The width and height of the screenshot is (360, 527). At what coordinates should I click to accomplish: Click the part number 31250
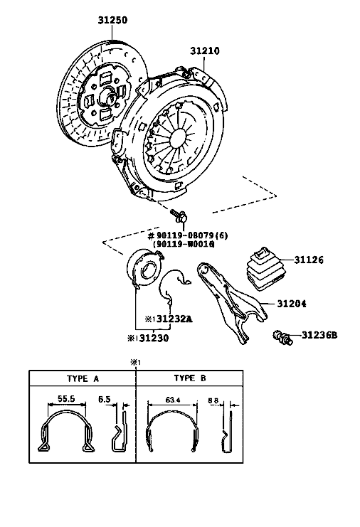pos(112,20)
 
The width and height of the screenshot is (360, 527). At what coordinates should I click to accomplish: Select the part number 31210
pos(205,50)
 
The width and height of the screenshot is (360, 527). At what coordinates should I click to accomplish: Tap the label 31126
pos(309,260)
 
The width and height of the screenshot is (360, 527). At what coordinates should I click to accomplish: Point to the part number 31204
pos(292,304)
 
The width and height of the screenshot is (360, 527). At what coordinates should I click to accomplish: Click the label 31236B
pos(319,335)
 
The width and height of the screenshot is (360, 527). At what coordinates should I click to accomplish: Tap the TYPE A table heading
pos(83,379)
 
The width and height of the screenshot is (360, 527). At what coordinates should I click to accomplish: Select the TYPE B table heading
pos(190,378)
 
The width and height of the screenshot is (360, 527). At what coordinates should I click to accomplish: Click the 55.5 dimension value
pos(66,398)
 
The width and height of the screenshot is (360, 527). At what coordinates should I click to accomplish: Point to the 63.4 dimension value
pos(173,400)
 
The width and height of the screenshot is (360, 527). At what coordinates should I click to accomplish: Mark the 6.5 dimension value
pos(104,399)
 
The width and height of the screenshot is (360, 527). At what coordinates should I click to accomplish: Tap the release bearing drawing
pos(144,270)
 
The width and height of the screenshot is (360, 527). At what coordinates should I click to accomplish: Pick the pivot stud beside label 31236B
pos(283,337)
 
